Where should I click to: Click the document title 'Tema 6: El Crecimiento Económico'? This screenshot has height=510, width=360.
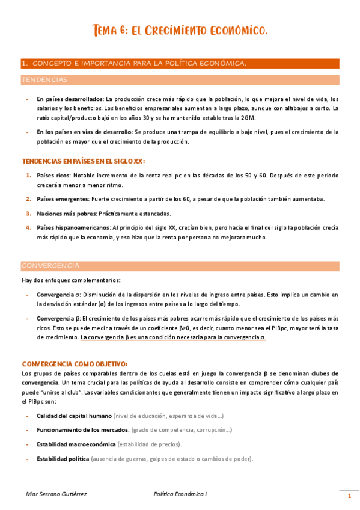[x=180, y=29]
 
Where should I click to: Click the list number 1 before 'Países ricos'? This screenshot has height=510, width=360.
[x=28, y=176]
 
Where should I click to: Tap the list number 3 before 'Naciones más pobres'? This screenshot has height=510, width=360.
[x=28, y=213]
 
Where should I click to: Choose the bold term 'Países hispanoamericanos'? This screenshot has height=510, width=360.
[x=74, y=227]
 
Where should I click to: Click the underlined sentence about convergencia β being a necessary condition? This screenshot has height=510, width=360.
[x=173, y=337]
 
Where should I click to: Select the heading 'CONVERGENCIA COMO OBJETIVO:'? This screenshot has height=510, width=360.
[x=74, y=364]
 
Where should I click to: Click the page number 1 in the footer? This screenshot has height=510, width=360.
[x=349, y=496]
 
